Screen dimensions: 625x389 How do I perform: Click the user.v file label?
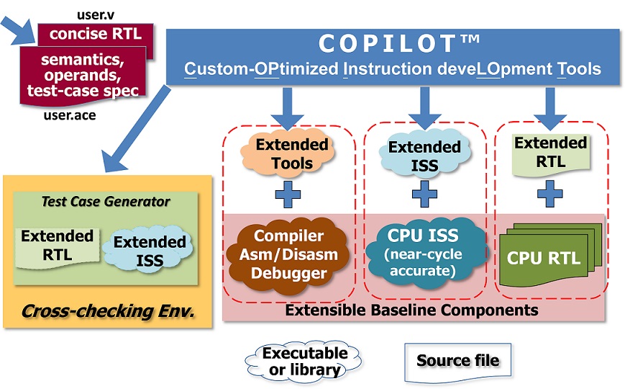click(x=96, y=15)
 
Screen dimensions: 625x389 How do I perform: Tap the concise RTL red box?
click(x=96, y=35)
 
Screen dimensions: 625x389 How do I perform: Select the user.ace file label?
click(x=70, y=115)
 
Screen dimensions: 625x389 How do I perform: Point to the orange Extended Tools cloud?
click(x=288, y=153)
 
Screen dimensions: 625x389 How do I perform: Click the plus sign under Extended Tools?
click(x=288, y=194)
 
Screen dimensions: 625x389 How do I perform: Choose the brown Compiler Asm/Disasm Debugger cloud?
click(x=288, y=254)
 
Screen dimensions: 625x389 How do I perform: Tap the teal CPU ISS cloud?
click(x=424, y=252)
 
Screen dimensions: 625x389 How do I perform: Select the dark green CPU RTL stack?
click(x=550, y=254)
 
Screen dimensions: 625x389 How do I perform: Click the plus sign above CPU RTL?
click(x=550, y=194)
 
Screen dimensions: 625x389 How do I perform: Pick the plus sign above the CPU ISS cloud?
click(x=424, y=194)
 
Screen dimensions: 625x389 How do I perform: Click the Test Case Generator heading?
click(x=106, y=202)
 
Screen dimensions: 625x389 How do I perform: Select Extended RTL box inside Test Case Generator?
click(x=58, y=247)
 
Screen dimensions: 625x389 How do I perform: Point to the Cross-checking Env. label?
click(x=108, y=311)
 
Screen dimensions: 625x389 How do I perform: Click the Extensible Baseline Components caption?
click(x=411, y=310)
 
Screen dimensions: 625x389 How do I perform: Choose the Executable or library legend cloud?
click(x=304, y=362)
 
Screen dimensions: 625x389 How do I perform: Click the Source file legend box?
click(x=457, y=361)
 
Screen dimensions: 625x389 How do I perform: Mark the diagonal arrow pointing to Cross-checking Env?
click(x=137, y=129)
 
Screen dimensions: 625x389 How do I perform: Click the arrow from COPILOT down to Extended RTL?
click(x=550, y=108)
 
